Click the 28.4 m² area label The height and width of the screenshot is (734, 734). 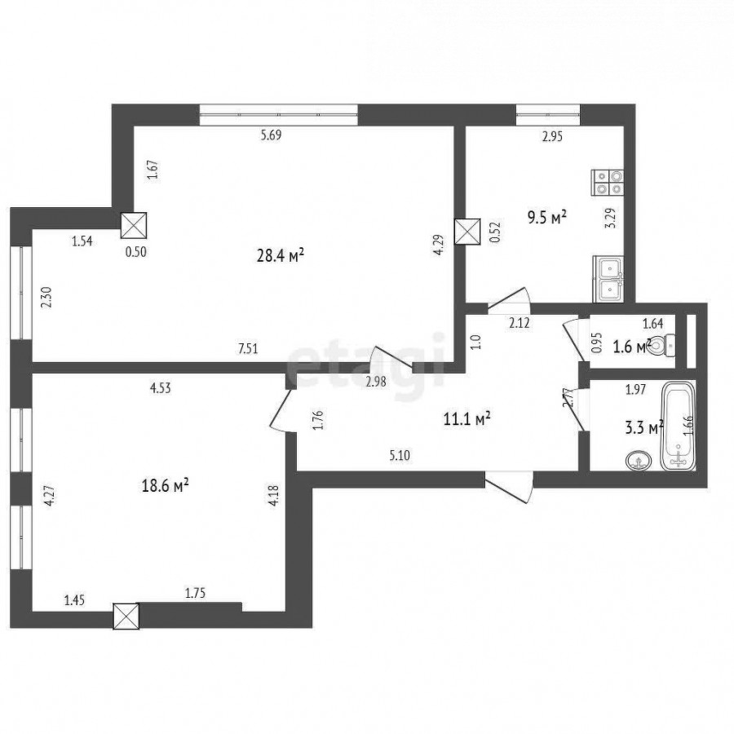tap(281, 255)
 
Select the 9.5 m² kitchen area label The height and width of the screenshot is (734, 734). tap(547, 218)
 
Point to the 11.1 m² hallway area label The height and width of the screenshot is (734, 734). tap(466, 419)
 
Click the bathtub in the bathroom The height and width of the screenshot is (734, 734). tap(677, 426)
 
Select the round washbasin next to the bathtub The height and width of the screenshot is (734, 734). tap(638, 460)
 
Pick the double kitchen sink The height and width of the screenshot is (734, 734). tap(608, 279)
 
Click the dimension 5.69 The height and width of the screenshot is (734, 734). tap(271, 135)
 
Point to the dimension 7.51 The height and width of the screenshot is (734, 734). tap(248, 349)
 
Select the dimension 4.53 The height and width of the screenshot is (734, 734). tap(160, 388)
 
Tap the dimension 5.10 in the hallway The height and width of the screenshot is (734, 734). tap(400, 455)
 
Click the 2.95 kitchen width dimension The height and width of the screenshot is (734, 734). tap(552, 137)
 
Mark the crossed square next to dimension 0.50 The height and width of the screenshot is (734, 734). tap(134, 226)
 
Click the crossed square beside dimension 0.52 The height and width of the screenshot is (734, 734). tap(468, 232)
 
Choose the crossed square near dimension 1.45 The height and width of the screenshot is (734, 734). tap(126, 616)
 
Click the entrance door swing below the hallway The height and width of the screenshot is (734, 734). tap(509, 488)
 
